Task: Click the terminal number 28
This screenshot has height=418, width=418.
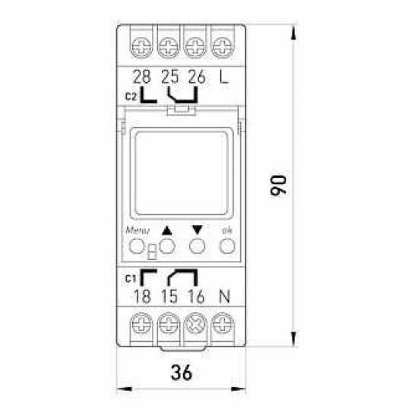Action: coord(142,77)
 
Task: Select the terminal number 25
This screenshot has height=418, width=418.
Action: coord(169,77)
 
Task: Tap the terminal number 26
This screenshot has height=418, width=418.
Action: coord(197,77)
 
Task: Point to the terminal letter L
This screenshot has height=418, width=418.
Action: coord(223,77)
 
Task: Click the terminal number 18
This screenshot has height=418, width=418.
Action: coord(142,296)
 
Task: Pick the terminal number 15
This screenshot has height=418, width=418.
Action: coord(169,296)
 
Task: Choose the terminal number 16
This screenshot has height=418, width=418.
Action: coord(197,296)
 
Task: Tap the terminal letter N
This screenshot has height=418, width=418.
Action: coord(224,296)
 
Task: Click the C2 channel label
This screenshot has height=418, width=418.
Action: coord(131,97)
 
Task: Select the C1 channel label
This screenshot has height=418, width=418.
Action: coord(131,279)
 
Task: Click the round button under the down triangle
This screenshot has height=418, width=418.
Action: coord(198,246)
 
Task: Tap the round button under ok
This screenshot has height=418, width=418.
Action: coord(227,246)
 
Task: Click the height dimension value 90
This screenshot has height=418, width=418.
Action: coord(278,185)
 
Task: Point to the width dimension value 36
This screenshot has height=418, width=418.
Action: coord(182,372)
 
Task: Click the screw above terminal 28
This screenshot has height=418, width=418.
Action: coord(141,48)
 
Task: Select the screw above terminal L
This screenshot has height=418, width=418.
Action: coord(223,48)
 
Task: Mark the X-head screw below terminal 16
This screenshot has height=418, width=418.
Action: coord(195,324)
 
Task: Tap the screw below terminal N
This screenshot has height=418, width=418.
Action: coord(223,324)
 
